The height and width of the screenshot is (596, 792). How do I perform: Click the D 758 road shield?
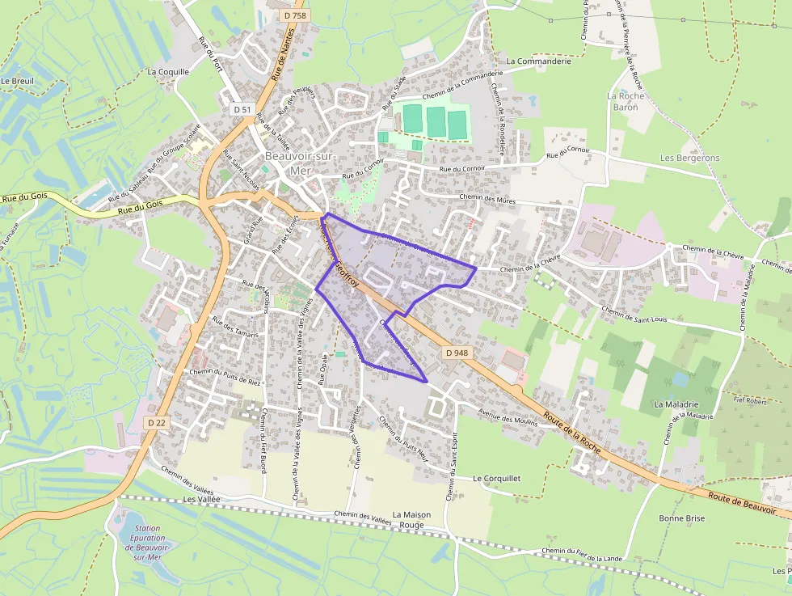point(296,15)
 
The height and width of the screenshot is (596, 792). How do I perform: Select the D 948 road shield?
point(457,353)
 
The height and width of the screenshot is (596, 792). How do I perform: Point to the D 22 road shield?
point(157,423)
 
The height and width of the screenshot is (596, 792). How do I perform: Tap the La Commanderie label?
point(538,61)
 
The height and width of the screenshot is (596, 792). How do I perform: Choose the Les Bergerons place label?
point(689,158)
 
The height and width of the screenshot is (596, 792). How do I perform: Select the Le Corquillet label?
point(497,479)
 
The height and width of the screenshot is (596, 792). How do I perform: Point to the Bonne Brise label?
point(681,518)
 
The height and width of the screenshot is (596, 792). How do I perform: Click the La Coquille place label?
point(168,71)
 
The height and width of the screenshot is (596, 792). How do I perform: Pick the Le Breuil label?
point(16,81)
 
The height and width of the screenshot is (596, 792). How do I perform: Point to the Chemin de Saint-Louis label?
point(635,315)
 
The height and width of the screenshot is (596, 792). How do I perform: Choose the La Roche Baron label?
point(626,101)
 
